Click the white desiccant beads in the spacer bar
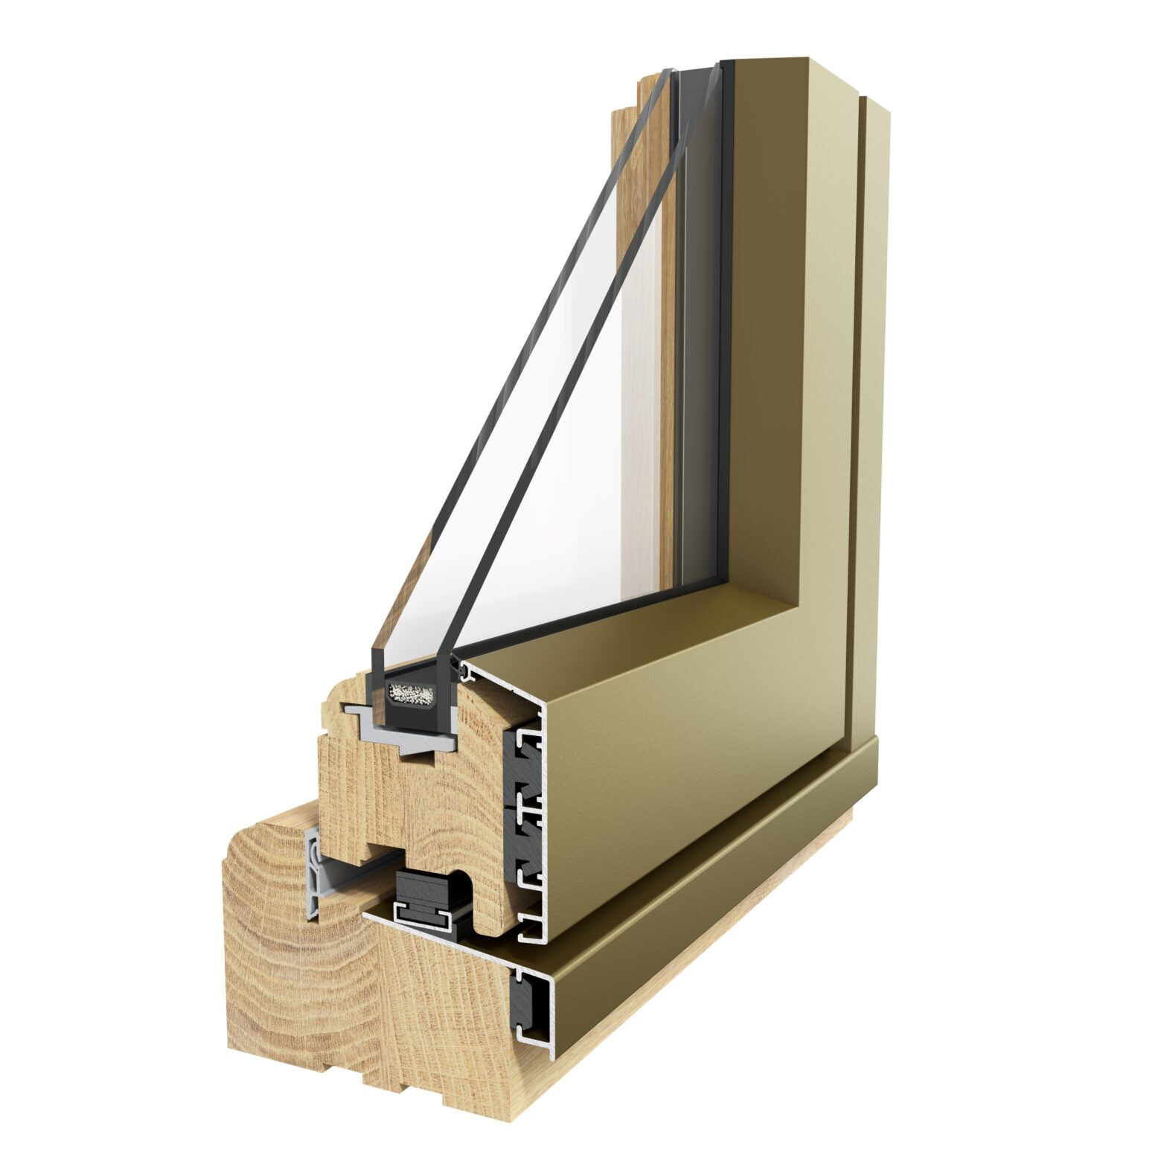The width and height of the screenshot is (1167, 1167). click(x=411, y=695)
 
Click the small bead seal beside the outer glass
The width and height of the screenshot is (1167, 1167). click(x=467, y=672)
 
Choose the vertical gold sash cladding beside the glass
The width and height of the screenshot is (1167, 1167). click(x=789, y=335)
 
